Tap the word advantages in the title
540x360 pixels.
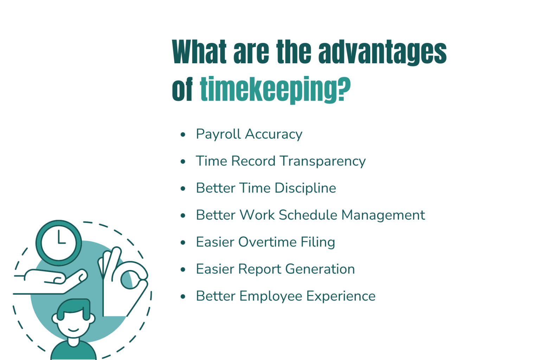tap(382, 52)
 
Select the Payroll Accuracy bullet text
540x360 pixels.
tap(249, 134)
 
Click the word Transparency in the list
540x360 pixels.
tap(323, 161)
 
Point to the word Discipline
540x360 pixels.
tap(305, 188)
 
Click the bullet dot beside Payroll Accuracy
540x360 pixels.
tap(183, 134)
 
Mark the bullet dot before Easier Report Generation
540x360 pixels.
tap(183, 270)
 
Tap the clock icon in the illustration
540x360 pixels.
tap(59, 243)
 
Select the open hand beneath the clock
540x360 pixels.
tap(53, 281)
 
